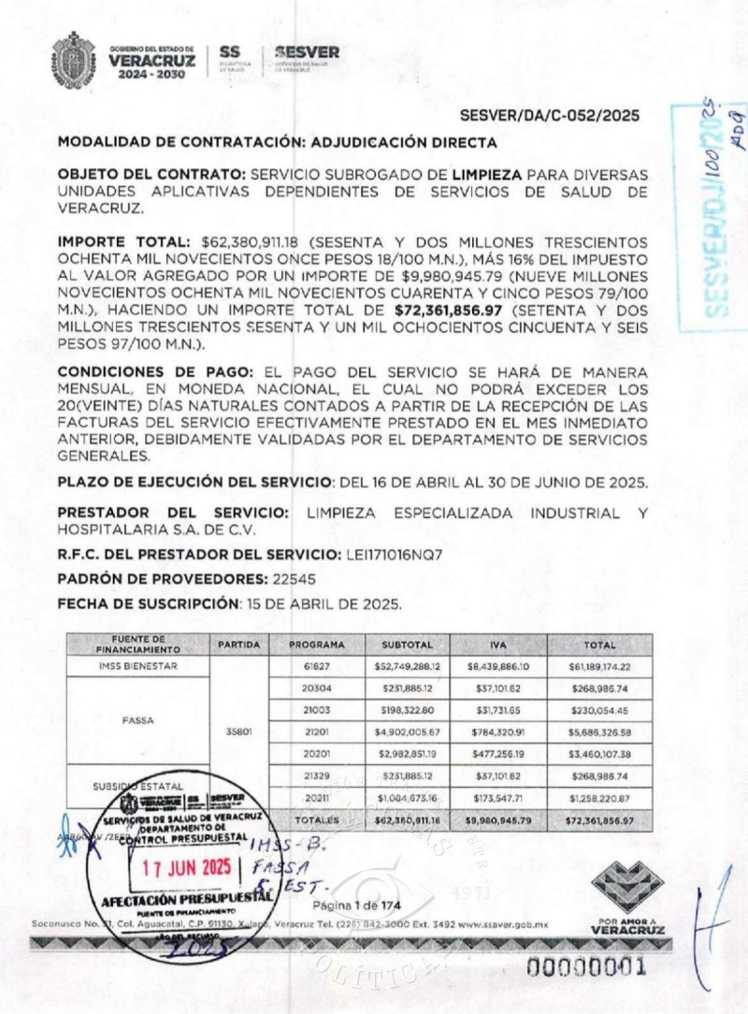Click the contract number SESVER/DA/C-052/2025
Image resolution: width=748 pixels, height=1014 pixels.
coord(550,116)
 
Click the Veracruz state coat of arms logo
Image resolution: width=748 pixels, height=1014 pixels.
coord(73,58)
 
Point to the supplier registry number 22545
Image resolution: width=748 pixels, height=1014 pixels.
coord(295,579)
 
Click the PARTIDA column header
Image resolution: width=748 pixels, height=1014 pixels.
coord(238,645)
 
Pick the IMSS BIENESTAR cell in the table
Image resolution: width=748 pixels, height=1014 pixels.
coord(137,666)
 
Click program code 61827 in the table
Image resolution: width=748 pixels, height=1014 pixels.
coord(316,666)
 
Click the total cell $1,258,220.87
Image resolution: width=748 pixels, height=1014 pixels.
coord(598,798)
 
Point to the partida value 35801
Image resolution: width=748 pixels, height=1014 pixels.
coord(238,732)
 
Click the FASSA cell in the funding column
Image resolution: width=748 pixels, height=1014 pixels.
coord(137,721)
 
